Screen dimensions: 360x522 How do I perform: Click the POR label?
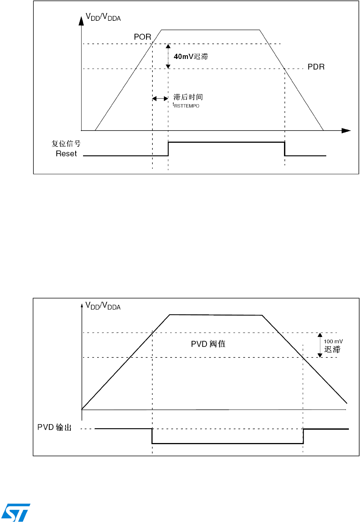tap(142, 37)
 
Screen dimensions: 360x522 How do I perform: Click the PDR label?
tap(316, 67)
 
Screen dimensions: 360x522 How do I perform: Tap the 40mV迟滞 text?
tap(191, 57)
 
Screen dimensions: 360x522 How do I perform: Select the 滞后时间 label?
tap(188, 97)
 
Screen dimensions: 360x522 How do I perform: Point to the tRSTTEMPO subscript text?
tap(186, 106)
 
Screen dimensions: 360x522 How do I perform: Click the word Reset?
tap(66, 154)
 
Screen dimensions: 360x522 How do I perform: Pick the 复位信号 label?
tap(66, 144)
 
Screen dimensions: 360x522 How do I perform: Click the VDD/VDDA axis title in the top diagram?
tap(103, 17)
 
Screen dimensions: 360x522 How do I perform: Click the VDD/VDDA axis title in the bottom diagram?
tap(103, 306)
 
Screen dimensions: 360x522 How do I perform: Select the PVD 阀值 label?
tap(208, 344)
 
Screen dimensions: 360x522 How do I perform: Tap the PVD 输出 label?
tap(55, 427)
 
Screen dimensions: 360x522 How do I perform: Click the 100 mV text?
tap(333, 341)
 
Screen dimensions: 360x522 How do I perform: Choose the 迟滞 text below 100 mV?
tap(332, 350)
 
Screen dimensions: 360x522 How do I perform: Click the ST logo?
tap(16, 512)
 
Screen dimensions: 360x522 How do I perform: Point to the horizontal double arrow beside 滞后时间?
tap(160, 99)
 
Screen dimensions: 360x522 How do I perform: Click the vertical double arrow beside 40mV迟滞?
tap(168, 56)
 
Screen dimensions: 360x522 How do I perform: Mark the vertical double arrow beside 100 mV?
tap(320, 345)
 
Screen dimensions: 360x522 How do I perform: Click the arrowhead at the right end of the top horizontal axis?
tap(346, 130)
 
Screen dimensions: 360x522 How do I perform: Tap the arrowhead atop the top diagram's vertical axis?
tap(81, 20)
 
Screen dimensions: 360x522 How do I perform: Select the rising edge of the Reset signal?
tap(168, 149)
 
